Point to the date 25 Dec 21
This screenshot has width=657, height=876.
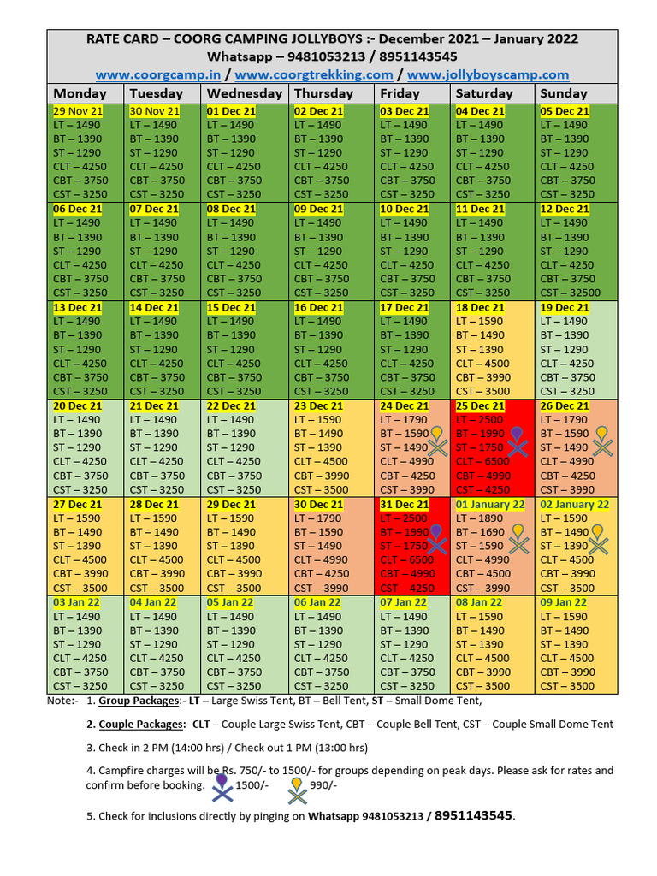[x=480, y=406]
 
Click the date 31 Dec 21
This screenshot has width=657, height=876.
[x=405, y=505]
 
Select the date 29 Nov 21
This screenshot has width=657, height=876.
[x=78, y=111]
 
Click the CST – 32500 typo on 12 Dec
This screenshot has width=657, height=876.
[x=571, y=293]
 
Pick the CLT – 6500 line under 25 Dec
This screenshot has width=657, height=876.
[x=482, y=462]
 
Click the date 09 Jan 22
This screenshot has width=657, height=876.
[x=565, y=603]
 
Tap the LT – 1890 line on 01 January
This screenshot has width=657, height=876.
[x=480, y=518]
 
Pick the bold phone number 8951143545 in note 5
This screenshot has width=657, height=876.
[x=474, y=815]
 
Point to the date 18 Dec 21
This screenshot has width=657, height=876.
[x=480, y=308]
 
